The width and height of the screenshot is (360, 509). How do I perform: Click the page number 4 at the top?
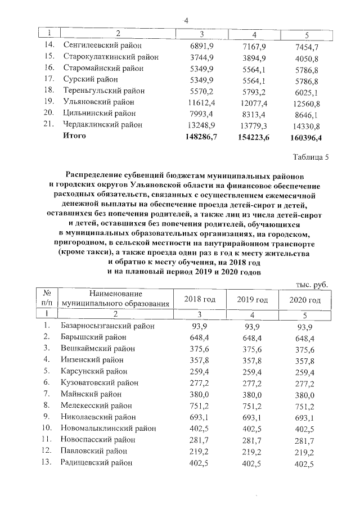click(185, 21)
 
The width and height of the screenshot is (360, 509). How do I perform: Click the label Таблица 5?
click(309, 156)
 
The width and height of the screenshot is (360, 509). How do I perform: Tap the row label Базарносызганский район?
click(106, 326)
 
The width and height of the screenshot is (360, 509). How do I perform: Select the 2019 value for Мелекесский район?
click(253, 406)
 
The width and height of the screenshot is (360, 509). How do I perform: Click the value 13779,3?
click(253, 124)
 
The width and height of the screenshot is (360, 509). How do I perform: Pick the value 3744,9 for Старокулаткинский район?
click(200, 56)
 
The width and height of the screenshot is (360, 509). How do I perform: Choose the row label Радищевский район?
click(96, 462)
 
